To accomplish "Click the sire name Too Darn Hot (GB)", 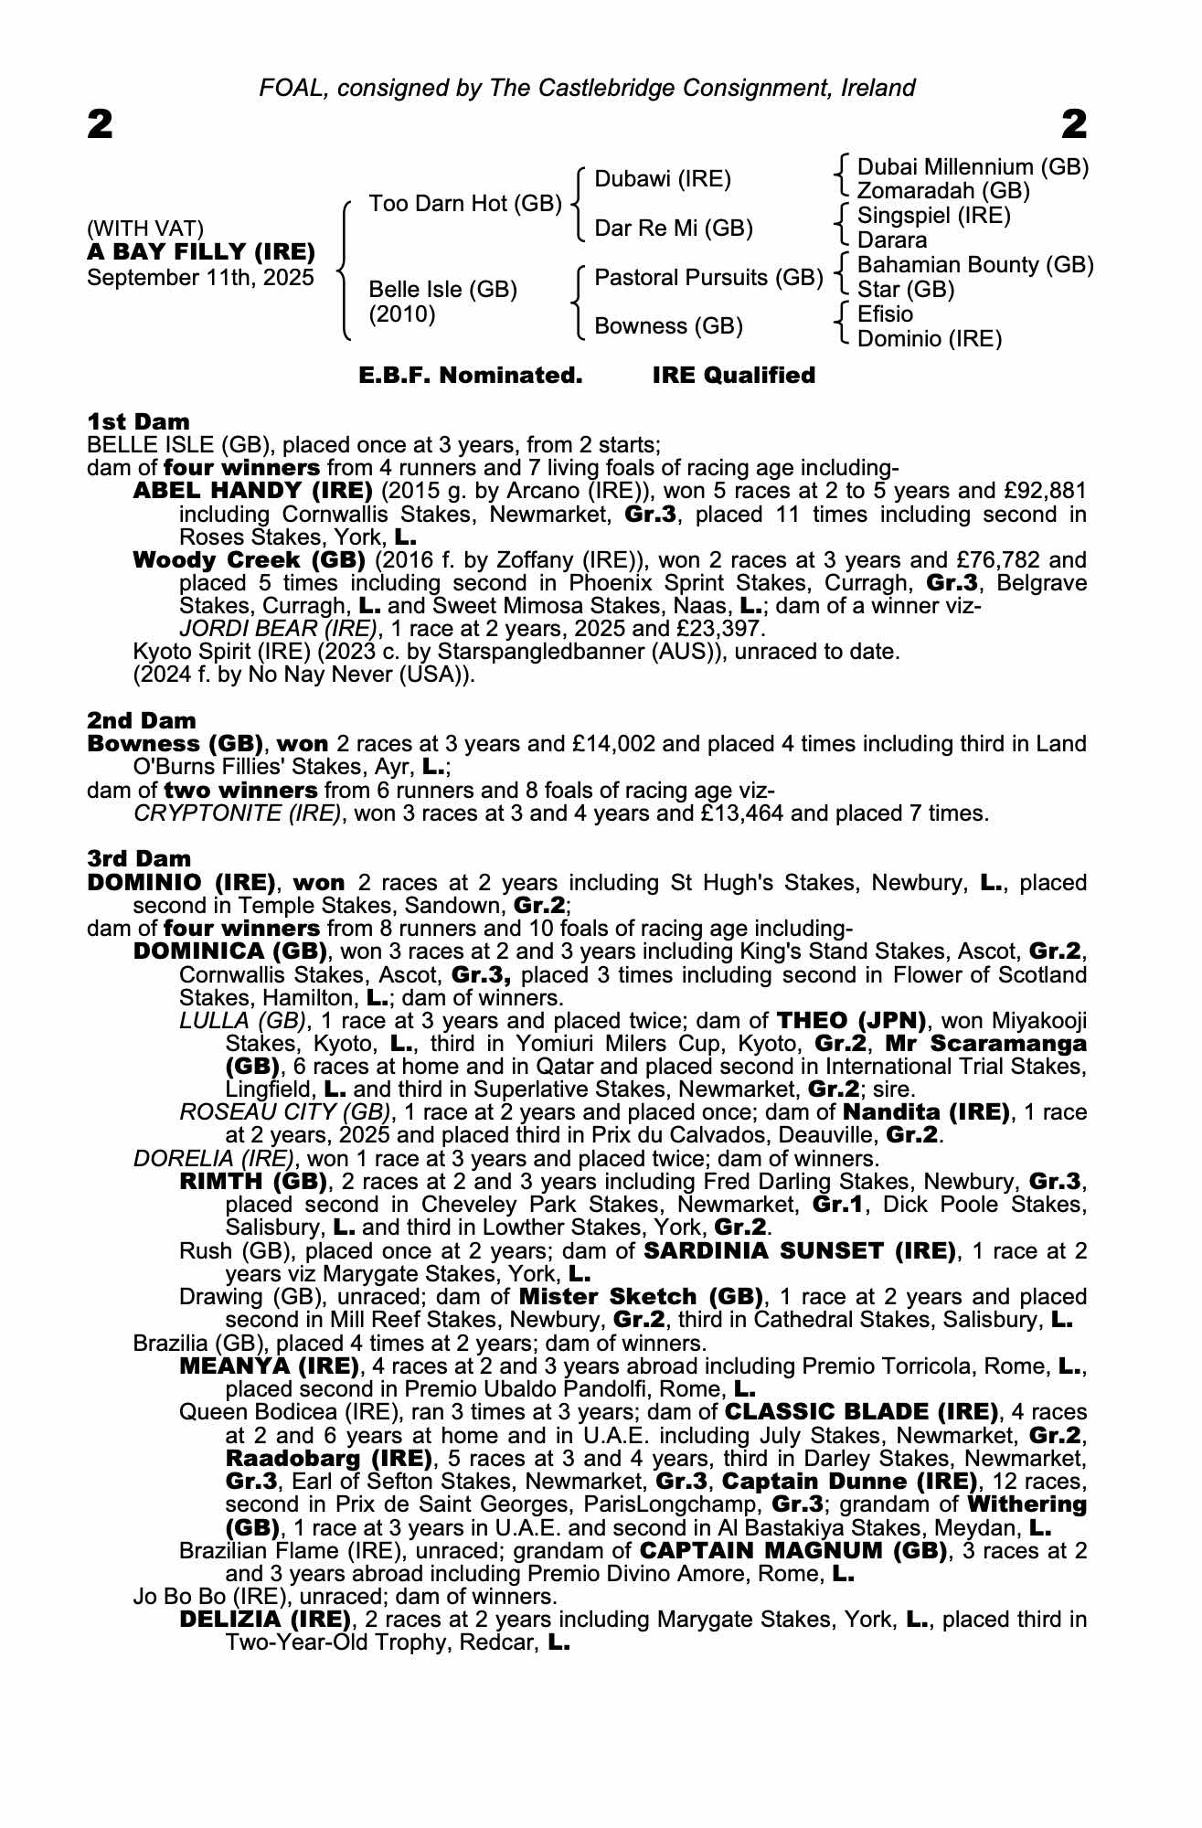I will click(x=464, y=203).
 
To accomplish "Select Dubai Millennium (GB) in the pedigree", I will click(x=973, y=167).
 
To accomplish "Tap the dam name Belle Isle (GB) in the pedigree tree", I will click(x=442, y=290).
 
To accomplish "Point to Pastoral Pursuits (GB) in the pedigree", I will click(x=708, y=277).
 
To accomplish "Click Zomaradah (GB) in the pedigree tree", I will click(x=943, y=191).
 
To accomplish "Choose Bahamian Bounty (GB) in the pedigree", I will click(x=975, y=265).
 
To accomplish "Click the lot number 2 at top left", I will click(x=101, y=124).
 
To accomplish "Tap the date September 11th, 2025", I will click(x=200, y=277).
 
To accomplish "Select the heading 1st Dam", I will click(x=139, y=421).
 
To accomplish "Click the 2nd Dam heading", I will click(x=142, y=720).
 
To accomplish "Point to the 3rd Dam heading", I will click(x=140, y=858).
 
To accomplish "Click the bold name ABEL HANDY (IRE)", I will click(x=252, y=491).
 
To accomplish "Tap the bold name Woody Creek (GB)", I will click(x=250, y=559).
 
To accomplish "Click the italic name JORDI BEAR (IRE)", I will click(x=278, y=629).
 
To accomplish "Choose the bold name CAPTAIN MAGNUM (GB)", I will click(x=793, y=1551).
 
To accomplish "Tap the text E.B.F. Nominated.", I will click(x=470, y=376).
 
